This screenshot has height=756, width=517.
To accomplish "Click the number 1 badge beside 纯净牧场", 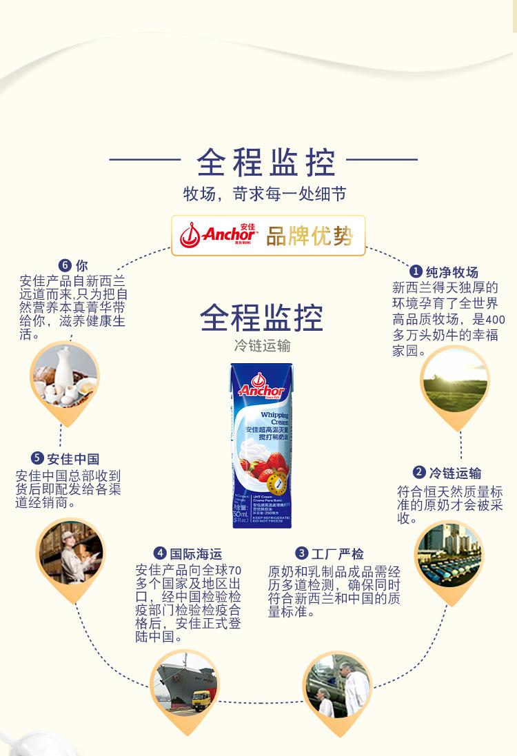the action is (x=416, y=272).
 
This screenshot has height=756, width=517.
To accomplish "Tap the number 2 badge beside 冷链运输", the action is (x=419, y=472).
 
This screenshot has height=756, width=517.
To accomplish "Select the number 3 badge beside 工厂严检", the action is (x=301, y=553).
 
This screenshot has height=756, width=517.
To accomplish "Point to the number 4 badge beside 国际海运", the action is (x=160, y=553).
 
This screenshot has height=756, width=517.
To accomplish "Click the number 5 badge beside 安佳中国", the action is (x=37, y=458).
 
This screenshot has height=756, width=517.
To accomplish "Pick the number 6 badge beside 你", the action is (x=65, y=265).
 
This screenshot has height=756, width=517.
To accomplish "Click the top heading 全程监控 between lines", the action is (x=265, y=163).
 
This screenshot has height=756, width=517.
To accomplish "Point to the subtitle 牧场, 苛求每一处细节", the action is (x=264, y=194).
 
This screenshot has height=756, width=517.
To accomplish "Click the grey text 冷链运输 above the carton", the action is (x=262, y=346).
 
